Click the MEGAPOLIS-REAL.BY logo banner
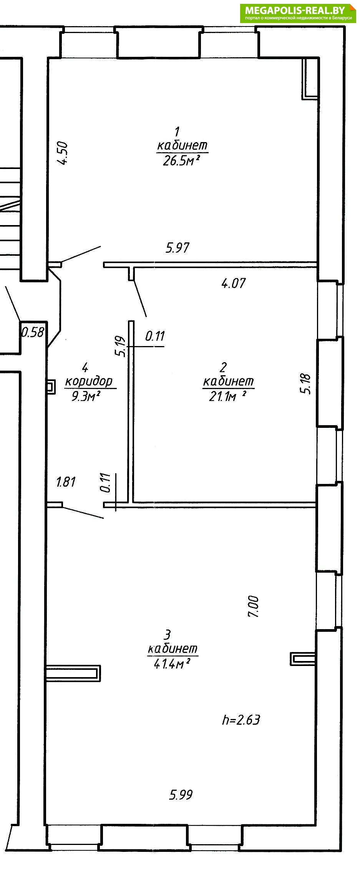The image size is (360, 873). point(298,13)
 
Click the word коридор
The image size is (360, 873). point(89,381)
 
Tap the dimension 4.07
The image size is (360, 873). point(233,283)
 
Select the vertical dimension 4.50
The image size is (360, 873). point(63,153)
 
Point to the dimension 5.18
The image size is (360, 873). point(306,384)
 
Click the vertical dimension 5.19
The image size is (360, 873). point(121,346)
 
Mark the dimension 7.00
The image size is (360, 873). point(254,606)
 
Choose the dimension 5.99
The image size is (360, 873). point(181,795)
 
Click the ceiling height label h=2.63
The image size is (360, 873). point(241,719)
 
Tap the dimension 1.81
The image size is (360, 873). point(66,482)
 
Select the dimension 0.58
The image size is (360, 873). point(33,332)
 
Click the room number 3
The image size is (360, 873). point(167,634)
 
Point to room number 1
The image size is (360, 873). point(177,132)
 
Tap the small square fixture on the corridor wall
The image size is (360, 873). point(50,387)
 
